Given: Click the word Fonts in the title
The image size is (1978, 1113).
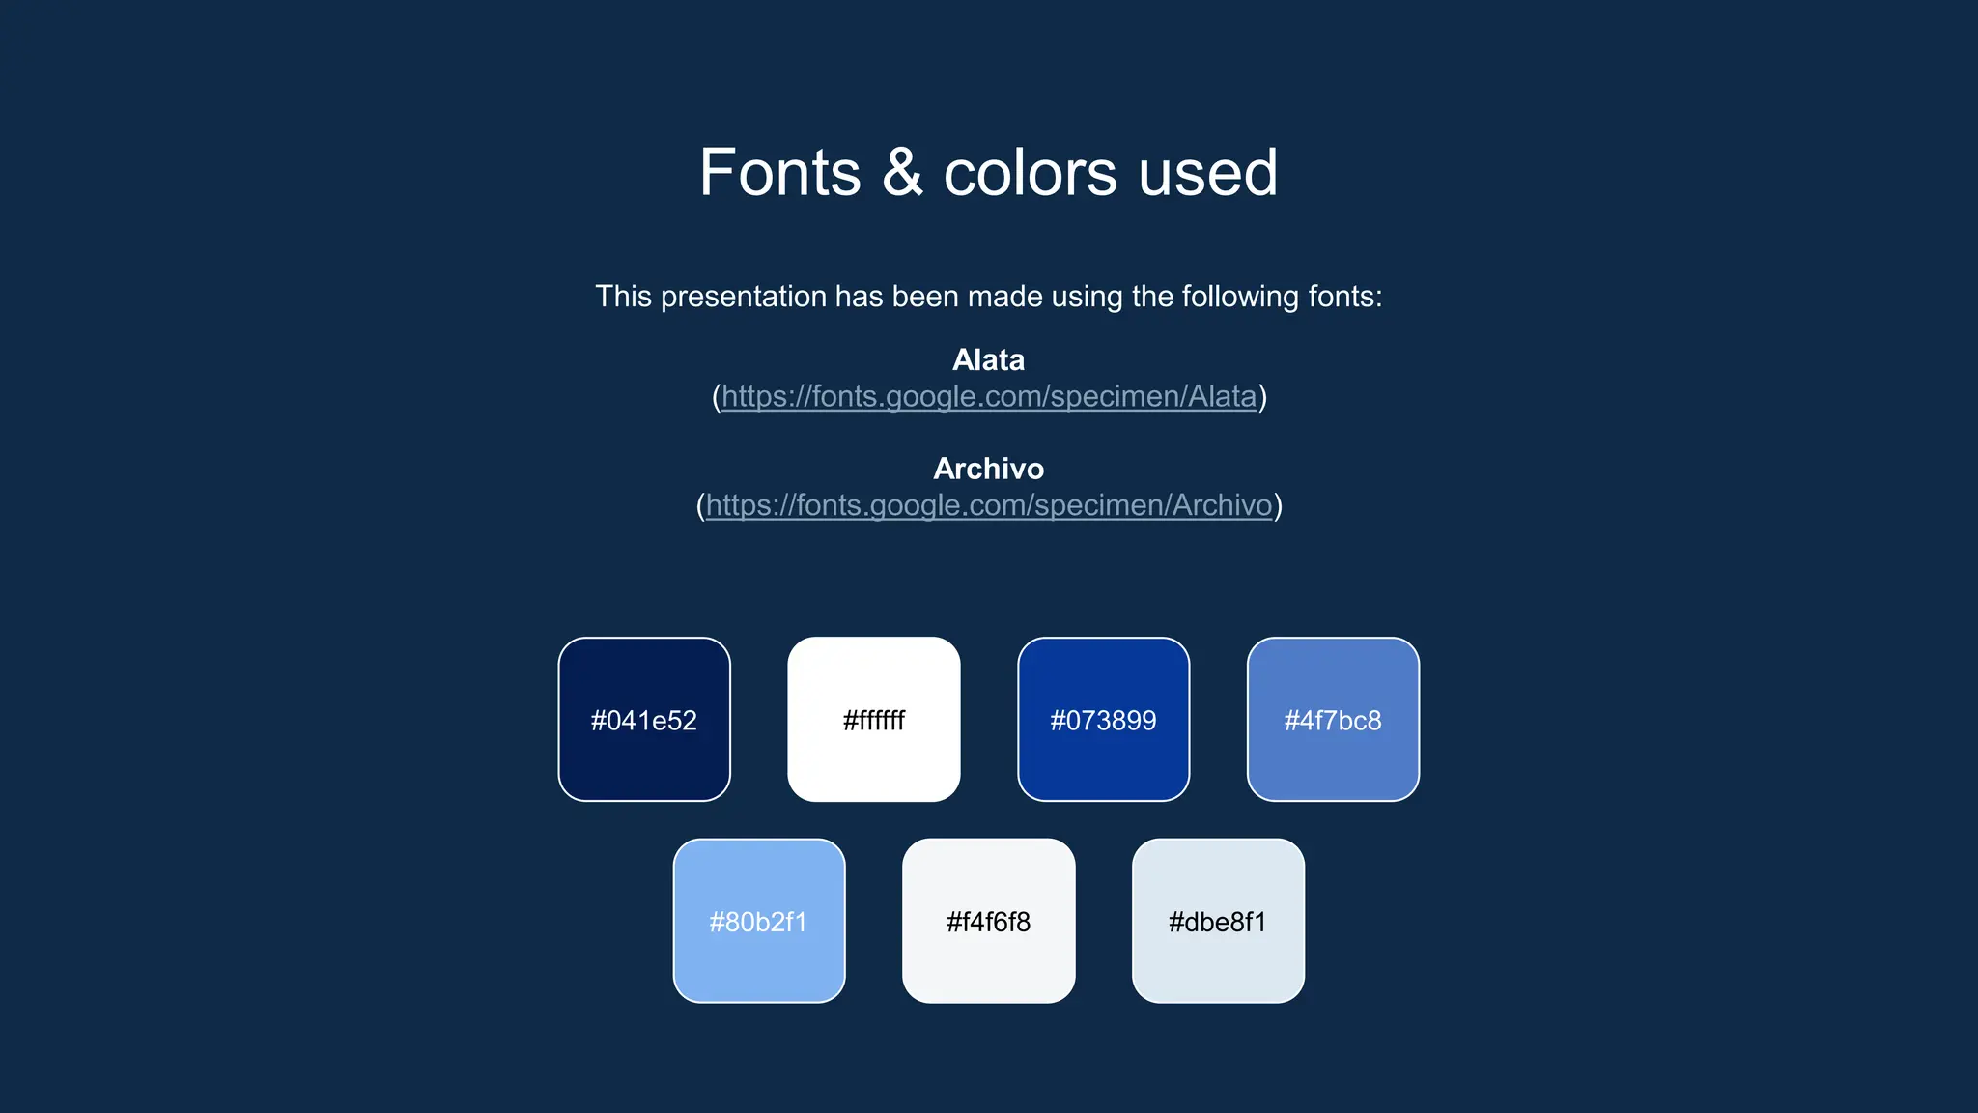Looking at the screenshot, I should coord(779,174).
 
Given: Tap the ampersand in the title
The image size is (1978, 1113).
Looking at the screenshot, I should coord(902,174).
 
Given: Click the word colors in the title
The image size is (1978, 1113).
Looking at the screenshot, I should coord(1030,174).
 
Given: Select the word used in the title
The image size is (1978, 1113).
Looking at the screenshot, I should coord(1207,174).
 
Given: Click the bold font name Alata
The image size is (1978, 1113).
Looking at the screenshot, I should coord(988,360).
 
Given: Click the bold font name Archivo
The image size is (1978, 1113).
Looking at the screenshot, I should coord(988,470).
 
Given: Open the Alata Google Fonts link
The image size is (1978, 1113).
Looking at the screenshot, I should coord(988,397).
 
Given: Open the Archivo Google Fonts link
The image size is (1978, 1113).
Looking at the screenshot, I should coord(988,506).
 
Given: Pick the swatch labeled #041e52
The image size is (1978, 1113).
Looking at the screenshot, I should coord(644,720).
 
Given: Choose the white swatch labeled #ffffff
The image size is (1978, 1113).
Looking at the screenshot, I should coord(874,720).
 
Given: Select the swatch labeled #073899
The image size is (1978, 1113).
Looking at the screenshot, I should coord(1103,720).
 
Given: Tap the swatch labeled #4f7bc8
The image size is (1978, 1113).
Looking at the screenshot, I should coord(1333,720).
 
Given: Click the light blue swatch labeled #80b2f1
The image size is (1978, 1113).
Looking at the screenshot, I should coord(759,921).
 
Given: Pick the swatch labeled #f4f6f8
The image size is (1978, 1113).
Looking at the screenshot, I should coord(988,921).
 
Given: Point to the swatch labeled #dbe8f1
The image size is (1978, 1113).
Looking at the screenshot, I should coord(1218,921).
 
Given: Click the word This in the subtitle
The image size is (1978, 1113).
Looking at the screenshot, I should coord(623,297).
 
